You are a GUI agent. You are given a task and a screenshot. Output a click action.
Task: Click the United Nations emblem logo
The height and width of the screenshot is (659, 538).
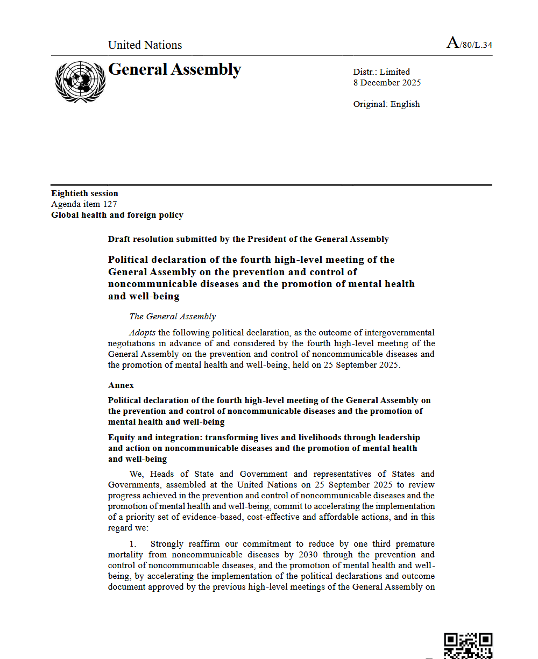click(80, 82)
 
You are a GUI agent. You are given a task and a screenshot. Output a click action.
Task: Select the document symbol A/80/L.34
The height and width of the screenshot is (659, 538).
click(469, 44)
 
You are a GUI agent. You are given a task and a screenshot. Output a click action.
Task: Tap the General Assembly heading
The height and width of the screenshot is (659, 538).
click(174, 70)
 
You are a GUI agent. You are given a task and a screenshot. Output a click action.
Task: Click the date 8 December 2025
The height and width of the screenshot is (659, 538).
click(387, 83)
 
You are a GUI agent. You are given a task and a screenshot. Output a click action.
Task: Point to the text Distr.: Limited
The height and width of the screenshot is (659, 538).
click(381, 72)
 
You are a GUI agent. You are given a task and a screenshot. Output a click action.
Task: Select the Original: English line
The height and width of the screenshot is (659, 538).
click(386, 104)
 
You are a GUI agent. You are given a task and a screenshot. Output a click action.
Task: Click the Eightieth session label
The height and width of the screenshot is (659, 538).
click(84, 194)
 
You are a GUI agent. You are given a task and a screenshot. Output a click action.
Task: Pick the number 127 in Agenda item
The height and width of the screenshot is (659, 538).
click(110, 204)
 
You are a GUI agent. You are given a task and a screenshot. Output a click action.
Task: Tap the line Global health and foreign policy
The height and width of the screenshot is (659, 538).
click(117, 215)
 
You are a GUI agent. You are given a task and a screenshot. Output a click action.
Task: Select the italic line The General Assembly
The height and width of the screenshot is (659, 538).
click(172, 317)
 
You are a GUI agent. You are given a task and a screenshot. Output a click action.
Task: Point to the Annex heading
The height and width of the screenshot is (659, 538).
click(121, 385)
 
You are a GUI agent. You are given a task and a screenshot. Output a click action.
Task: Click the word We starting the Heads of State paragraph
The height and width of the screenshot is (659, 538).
click(136, 474)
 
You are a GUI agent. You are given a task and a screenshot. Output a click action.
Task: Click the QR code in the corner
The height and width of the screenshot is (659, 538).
click(468, 646)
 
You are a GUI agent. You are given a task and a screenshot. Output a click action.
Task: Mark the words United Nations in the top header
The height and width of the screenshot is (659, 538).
click(145, 45)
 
